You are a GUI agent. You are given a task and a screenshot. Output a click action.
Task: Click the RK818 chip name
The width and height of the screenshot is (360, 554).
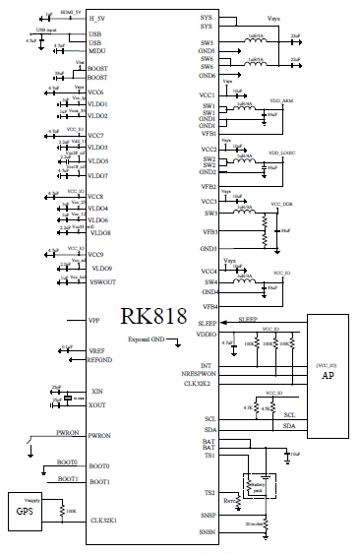click(x=153, y=316)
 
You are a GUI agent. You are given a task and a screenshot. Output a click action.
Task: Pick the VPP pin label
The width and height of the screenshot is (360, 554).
click(x=94, y=321)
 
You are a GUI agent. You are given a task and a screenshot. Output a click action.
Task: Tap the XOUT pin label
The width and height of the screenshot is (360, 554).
click(x=97, y=404)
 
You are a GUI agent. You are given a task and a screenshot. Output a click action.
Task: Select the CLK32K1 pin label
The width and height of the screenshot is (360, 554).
click(x=104, y=520)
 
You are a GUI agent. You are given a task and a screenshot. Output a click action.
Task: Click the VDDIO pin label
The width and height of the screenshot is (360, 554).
click(x=206, y=334)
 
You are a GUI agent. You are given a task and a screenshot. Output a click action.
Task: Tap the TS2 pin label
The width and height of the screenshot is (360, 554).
click(x=210, y=492)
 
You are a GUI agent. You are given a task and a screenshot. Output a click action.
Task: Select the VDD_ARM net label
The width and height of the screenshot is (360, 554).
click(x=280, y=100)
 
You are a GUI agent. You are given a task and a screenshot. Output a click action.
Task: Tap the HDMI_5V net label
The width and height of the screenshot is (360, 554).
click(x=70, y=11)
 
